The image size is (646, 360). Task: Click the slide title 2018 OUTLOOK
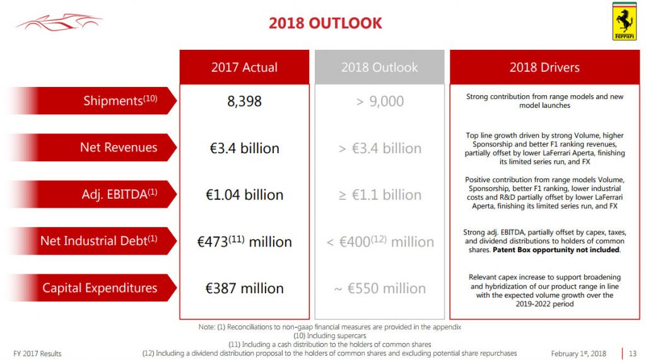(325, 24)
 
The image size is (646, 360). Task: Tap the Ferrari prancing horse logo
(625, 21)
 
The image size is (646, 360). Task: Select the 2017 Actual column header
(244, 67)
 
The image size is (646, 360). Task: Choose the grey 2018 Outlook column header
(379, 67)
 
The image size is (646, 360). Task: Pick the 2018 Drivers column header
(544, 67)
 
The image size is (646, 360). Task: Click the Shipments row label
(120, 101)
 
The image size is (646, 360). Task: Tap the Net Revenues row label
(118, 148)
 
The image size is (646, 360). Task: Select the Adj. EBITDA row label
(119, 194)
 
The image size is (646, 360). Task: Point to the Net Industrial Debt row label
(98, 241)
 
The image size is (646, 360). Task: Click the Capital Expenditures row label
(100, 288)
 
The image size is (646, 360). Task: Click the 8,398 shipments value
(244, 102)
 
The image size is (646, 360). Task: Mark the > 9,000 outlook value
(380, 102)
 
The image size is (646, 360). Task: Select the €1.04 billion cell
(244, 195)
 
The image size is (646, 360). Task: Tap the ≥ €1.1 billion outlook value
(380, 195)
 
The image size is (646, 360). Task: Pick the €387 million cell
(244, 288)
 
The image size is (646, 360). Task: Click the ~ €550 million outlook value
(380, 288)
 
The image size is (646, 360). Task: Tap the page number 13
(633, 353)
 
